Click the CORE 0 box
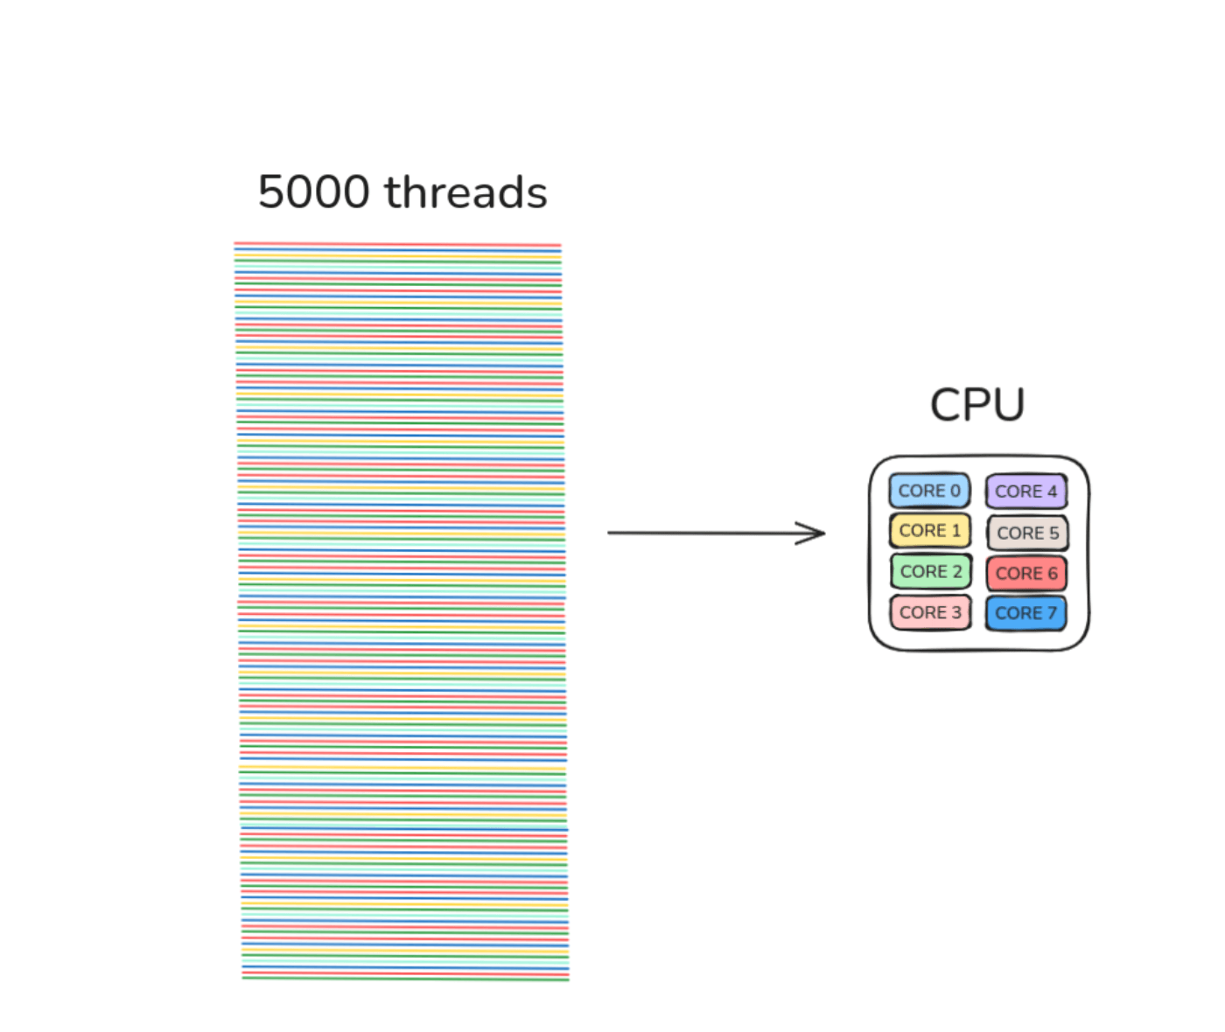click(929, 491)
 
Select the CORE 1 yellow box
click(929, 531)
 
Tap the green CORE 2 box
click(931, 572)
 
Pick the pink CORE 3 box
click(930, 612)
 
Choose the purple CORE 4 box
click(1025, 492)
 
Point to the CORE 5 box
click(1027, 533)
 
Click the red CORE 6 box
click(1026, 574)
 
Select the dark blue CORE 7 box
click(1025, 613)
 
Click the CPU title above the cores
click(977, 405)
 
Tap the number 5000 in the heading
click(314, 192)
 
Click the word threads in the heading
click(465, 192)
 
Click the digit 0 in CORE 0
click(955, 491)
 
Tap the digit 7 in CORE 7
click(1052, 613)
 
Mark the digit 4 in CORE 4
click(1052, 492)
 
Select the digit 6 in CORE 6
click(1053, 574)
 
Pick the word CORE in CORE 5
click(1020, 533)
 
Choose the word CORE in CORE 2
click(923, 572)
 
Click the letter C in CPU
click(945, 405)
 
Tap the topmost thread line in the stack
click(397, 245)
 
